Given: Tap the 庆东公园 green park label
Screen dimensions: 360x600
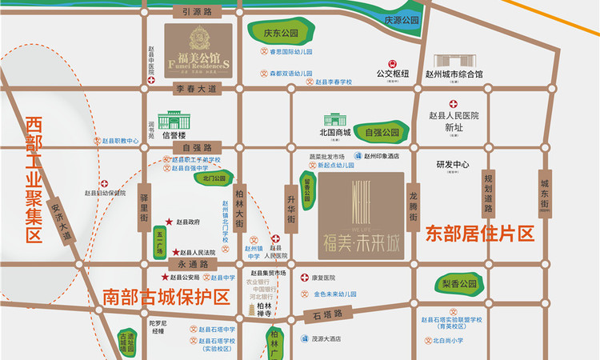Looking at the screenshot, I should (x=280, y=35).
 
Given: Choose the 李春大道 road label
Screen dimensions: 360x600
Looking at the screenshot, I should (x=197, y=89).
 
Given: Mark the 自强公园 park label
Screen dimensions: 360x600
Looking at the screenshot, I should (x=382, y=132).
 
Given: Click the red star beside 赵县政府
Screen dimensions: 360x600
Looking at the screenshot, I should (x=169, y=222).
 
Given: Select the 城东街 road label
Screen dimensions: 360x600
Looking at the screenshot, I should (x=546, y=192).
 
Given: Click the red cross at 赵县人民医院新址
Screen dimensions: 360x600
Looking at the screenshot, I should (x=454, y=104).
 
